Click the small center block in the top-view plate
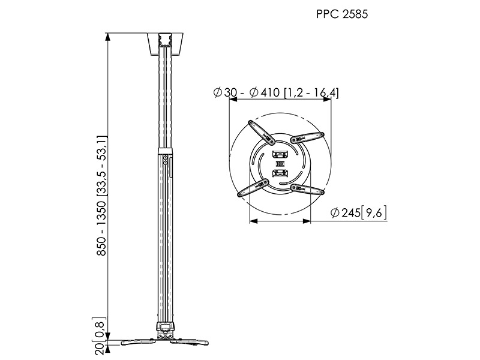click(280, 163)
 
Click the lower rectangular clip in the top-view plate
click(280, 174)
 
